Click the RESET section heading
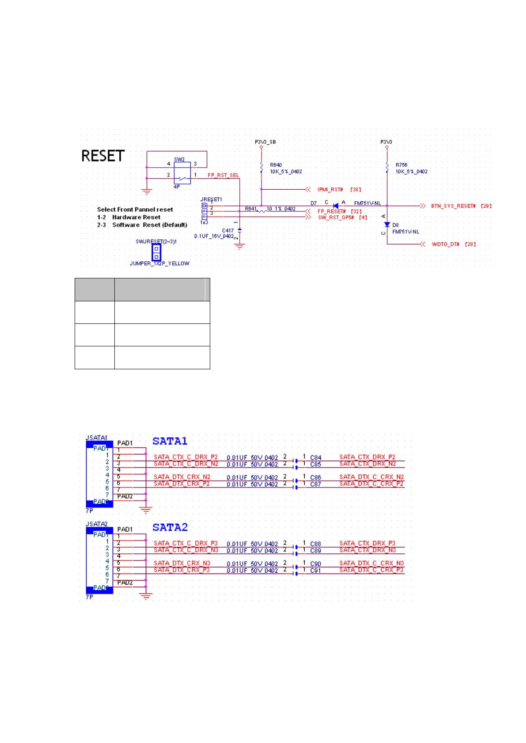pyautogui.click(x=103, y=156)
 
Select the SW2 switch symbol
pyautogui.click(x=182, y=173)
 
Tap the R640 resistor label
pyautogui.click(x=276, y=165)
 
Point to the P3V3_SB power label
pyautogui.click(x=265, y=142)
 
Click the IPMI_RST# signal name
pyautogui.click(x=330, y=190)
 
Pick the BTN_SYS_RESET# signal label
pyautogui.click(x=453, y=206)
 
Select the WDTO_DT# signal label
pyautogui.click(x=445, y=244)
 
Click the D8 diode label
pyautogui.click(x=395, y=225)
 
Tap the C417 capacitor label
pyautogui.click(x=228, y=230)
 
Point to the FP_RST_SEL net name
pyautogui.click(x=223, y=175)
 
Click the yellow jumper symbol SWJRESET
pyautogui.click(x=156, y=252)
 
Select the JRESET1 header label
pyautogui.click(x=211, y=199)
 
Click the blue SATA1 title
pyautogui.click(x=170, y=441)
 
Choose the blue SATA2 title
pyautogui.click(x=170, y=527)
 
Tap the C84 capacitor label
pyautogui.click(x=315, y=458)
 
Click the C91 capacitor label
pyautogui.click(x=315, y=570)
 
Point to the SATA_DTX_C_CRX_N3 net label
pyautogui.click(x=371, y=563)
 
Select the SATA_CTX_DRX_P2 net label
pyautogui.click(x=367, y=457)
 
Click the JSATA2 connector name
pyautogui.click(x=96, y=524)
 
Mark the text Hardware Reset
pyautogui.click(x=136, y=217)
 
